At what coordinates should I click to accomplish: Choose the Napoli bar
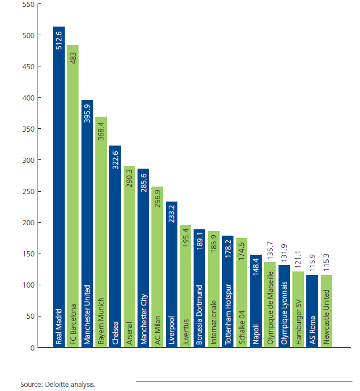[x=256, y=300]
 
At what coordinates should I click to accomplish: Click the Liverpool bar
[x=172, y=271]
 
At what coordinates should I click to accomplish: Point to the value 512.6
[x=59, y=39]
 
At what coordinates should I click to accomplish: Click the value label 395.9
[x=87, y=112]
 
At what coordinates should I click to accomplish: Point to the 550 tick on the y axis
[x=27, y=5]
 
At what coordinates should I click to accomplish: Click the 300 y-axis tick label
[x=27, y=161]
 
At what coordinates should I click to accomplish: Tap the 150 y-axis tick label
[x=27, y=254]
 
